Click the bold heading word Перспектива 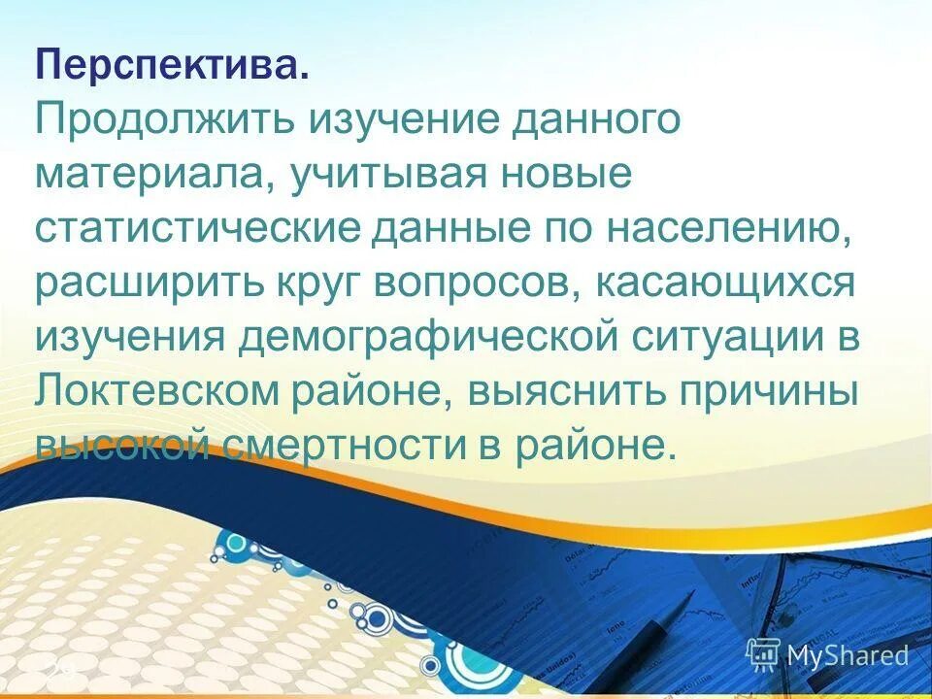(174, 68)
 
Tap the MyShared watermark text (846, 655)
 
